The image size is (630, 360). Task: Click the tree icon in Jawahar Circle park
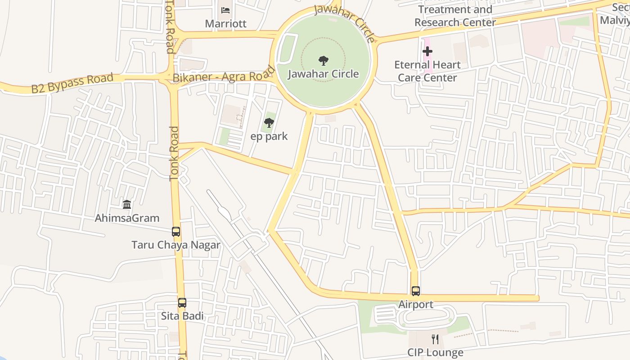(323, 61)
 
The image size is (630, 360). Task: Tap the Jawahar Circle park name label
(323, 74)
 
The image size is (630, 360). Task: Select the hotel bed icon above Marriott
(225, 10)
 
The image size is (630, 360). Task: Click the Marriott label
(225, 23)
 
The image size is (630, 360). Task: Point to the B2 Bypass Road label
(72, 84)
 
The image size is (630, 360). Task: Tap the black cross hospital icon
(427, 51)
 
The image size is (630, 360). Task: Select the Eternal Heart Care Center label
(427, 71)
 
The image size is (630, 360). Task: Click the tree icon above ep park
(269, 122)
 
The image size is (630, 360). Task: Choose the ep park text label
(269, 136)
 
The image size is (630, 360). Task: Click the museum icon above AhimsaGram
(127, 205)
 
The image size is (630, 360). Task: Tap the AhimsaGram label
(127, 218)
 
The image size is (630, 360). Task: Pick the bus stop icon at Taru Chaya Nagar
(176, 232)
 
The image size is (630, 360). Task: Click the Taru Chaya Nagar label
(176, 245)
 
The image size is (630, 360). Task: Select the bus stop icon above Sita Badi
(182, 303)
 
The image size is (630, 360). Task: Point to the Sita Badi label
(182, 316)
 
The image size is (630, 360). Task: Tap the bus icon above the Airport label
(415, 291)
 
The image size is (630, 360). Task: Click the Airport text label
(415, 305)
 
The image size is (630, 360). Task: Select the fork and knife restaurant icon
(435, 339)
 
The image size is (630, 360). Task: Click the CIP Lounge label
(435, 352)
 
